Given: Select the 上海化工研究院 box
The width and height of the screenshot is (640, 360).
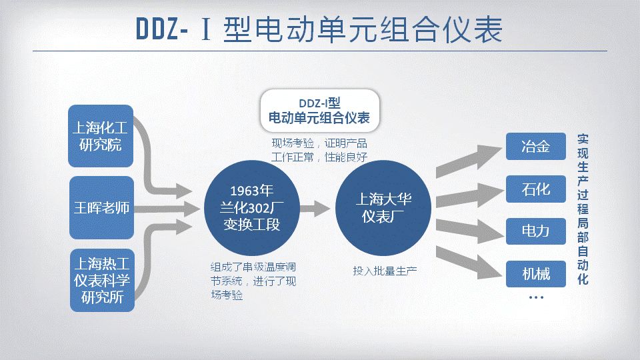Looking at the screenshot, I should click(101, 136).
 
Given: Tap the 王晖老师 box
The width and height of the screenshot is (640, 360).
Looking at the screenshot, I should click(101, 208).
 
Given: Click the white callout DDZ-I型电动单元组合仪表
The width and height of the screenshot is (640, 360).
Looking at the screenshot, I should click(319, 111).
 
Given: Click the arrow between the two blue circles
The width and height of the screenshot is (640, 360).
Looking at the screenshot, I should click(315, 208).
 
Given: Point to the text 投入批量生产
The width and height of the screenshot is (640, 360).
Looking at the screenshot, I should click(385, 271).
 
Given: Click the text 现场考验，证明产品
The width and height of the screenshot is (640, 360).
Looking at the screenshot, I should click(319, 143).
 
